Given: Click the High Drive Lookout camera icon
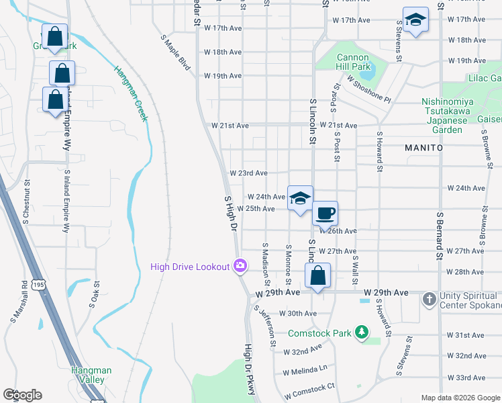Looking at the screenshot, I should click(x=239, y=267).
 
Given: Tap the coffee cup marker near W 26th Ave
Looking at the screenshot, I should click(x=325, y=214).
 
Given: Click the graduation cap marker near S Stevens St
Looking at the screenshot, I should click(x=415, y=19).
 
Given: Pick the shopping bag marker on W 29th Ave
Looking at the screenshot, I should click(x=317, y=275).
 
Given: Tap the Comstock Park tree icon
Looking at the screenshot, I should click(x=362, y=332).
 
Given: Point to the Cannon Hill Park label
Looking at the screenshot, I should click(x=353, y=62).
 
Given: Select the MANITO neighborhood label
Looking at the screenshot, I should click(x=423, y=146).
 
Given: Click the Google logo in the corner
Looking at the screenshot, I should click(x=22, y=395).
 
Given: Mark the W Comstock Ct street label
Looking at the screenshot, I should click(x=309, y=388).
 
